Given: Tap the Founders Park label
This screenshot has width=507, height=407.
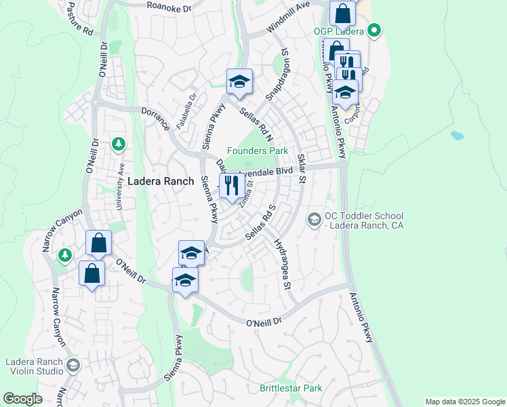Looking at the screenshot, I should click(258, 151).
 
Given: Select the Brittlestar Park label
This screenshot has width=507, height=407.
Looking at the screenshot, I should click(291, 389).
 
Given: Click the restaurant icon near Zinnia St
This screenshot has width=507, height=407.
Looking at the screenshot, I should click(231, 185).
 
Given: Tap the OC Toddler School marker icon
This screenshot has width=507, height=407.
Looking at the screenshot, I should click(314, 218).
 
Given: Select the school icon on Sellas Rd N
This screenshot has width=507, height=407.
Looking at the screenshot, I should click(239, 82).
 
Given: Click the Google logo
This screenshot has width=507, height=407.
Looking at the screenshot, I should click(22, 399).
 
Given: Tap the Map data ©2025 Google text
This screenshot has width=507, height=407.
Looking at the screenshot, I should click(464, 402).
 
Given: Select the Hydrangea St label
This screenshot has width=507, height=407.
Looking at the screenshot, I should click(281, 264).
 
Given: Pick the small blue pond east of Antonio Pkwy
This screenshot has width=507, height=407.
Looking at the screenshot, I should click(457, 135).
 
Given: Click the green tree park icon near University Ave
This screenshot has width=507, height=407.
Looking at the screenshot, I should click(119, 144).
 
